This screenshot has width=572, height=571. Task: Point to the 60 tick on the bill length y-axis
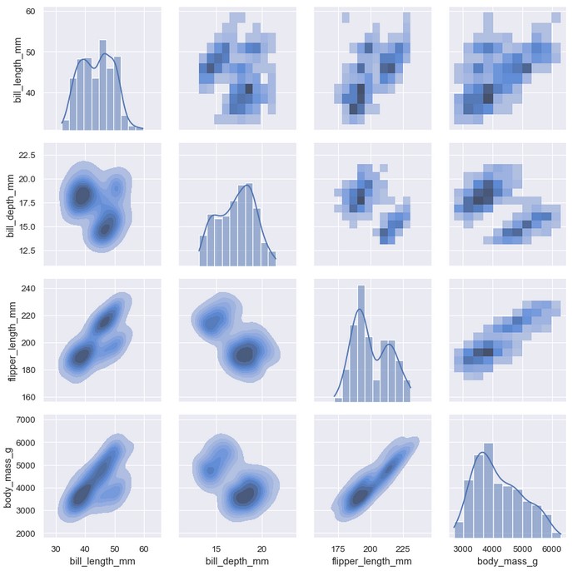[35, 12]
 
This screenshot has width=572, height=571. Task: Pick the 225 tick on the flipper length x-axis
[403, 549]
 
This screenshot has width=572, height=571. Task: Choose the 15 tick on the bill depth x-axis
[216, 549]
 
